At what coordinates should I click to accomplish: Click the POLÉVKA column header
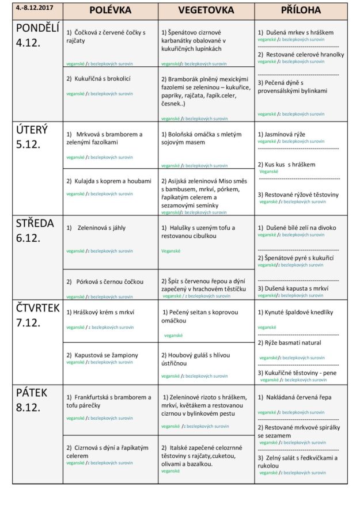(x=110, y=10)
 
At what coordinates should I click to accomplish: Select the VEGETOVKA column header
(x=206, y=10)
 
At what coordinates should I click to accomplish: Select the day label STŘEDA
(x=35, y=223)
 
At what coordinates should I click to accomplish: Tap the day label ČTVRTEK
(x=37, y=308)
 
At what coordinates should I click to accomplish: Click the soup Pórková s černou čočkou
(x=109, y=282)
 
